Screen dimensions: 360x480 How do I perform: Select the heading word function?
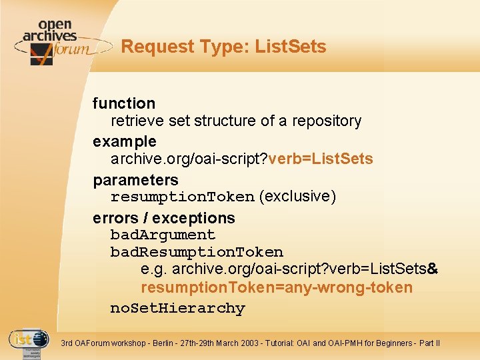pos(124,103)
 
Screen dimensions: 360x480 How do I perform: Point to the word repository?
pos(327,121)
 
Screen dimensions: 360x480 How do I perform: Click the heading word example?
pos(125,141)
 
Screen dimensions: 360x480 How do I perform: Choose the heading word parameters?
pos(135,180)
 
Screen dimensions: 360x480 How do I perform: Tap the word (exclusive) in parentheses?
pos(297,197)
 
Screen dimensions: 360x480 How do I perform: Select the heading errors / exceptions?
pos(164,218)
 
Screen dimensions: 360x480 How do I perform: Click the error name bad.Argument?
pos(163,235)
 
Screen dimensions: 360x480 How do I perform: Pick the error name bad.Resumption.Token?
pos(197,252)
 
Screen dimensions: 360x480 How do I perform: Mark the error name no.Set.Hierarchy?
pos(177,308)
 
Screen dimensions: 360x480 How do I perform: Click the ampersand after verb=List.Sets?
pos(432,269)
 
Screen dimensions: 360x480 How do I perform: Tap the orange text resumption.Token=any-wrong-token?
pos(276,288)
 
